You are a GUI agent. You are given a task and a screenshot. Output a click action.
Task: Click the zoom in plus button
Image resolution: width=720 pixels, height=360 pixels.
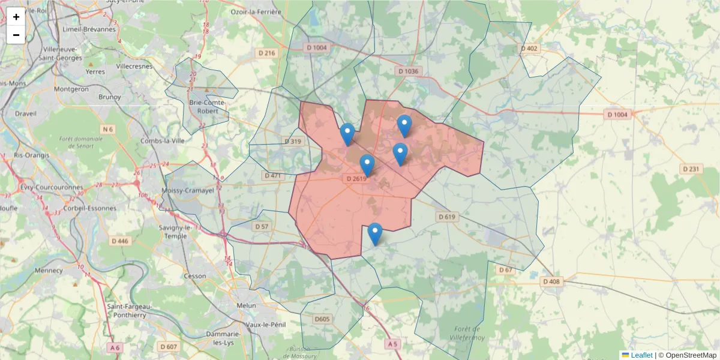16,17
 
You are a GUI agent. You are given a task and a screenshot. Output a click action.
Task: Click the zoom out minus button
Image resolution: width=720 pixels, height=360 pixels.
16,35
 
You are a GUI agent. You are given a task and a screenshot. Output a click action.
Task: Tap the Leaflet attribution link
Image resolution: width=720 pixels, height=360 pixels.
641,355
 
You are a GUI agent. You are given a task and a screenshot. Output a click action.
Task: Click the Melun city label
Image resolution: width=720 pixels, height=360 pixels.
247,305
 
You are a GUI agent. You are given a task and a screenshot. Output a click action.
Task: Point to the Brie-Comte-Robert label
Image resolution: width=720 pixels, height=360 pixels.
208,107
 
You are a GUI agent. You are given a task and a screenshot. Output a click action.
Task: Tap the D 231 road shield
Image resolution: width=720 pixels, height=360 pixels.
691,169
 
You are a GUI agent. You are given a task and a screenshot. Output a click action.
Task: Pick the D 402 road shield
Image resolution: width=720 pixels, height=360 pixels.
530,48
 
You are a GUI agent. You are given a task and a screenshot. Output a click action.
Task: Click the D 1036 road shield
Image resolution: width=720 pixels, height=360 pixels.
408,71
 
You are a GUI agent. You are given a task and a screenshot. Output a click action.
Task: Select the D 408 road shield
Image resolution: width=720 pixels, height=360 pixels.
551,281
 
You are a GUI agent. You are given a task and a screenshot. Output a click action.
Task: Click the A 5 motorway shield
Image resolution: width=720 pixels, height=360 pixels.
392,344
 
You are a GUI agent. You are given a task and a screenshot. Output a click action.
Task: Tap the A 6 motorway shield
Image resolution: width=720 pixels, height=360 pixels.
115,347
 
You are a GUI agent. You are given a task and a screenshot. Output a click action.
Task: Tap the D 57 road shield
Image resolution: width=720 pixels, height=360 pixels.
262,227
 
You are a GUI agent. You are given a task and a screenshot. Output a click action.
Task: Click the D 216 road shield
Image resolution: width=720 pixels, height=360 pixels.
267,53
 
